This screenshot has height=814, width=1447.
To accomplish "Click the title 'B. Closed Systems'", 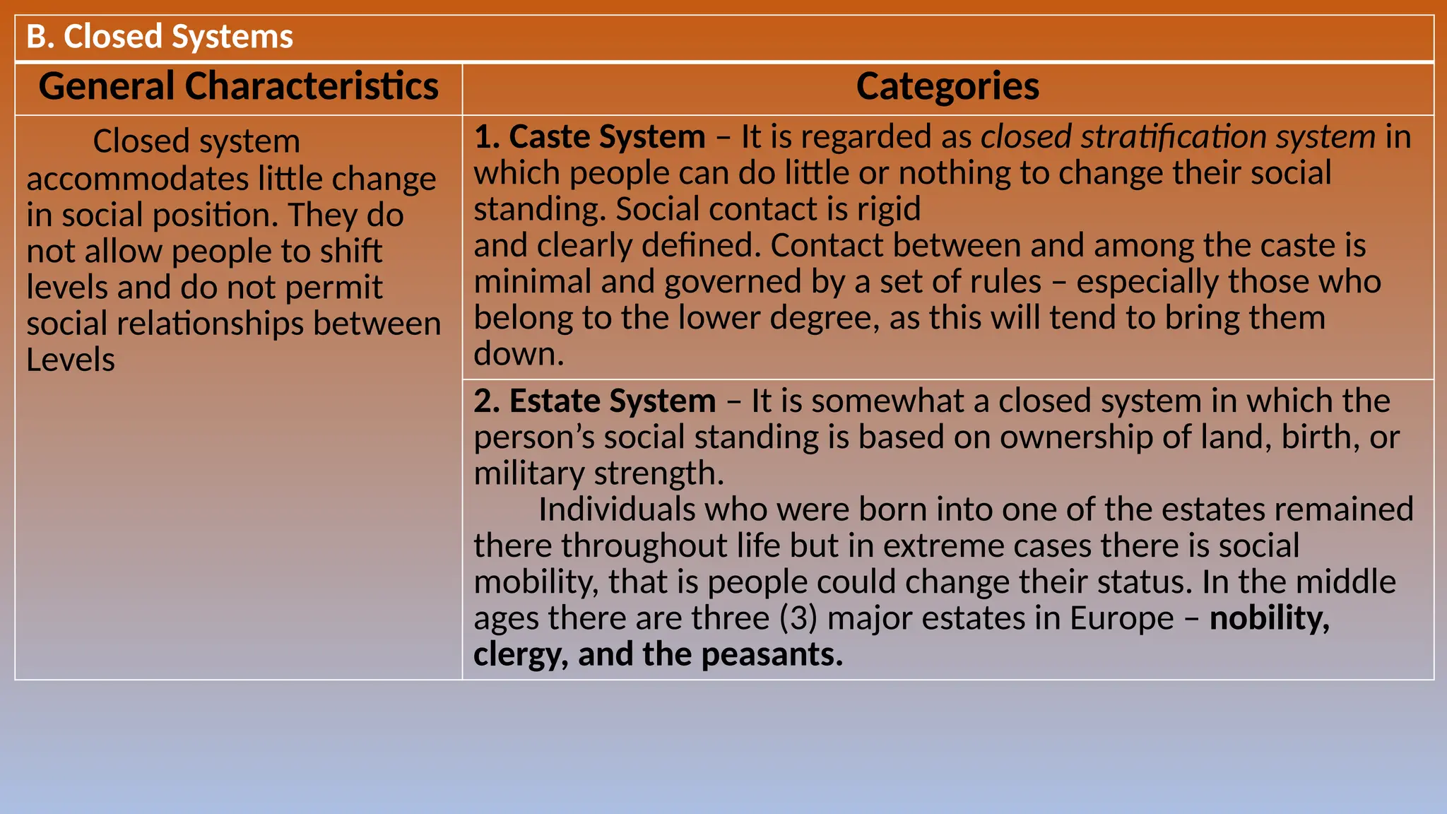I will tap(160, 37).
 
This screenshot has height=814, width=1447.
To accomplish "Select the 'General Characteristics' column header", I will tap(239, 87).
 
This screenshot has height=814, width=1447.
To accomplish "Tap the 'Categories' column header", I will tap(947, 87).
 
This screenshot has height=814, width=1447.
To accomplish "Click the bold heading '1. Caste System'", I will tap(589, 137).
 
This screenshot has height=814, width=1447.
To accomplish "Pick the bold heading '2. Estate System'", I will tap(594, 401).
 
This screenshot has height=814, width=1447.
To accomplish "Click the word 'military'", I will tap(528, 473).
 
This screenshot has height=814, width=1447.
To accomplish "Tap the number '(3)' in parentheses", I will tap(798, 618).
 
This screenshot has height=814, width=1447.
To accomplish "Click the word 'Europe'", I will tap(1121, 618).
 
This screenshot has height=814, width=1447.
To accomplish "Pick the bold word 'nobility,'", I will tap(1269, 618).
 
